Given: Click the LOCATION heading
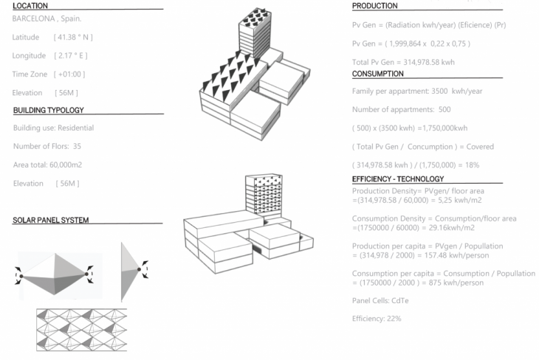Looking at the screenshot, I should tap(30, 6).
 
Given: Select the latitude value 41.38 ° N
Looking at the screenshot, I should tap(73, 37).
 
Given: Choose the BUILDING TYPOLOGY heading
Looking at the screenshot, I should tap(49, 111).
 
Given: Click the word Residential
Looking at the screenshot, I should tap(73, 128).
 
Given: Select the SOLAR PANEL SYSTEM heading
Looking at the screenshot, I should tap(51, 221).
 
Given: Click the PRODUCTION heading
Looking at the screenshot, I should tap(374, 6).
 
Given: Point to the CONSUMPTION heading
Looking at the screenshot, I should tap(378, 74).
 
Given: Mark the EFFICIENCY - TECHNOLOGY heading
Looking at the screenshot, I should tap(398, 179).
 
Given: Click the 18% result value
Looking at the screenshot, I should tap(470, 165).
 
